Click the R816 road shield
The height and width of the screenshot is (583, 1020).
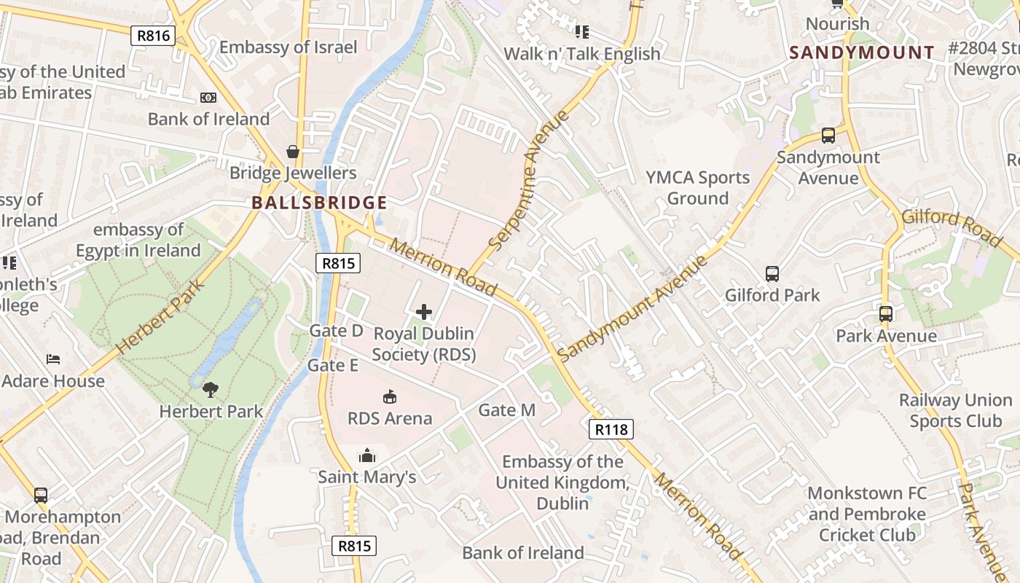153,36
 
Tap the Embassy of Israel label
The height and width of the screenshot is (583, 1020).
289,47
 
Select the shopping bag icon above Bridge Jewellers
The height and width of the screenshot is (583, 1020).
293,152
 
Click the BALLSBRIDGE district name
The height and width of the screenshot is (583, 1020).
319,203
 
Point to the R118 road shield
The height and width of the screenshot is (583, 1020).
611,429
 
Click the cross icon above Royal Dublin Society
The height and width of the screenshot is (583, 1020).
424,313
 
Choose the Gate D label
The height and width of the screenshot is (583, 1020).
336,331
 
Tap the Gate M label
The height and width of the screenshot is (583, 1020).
506,410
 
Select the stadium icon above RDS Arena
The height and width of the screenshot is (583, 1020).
390,397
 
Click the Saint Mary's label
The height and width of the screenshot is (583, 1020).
367,477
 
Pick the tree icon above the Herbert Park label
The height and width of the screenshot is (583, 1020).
211,390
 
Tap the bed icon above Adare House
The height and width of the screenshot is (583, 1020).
53,359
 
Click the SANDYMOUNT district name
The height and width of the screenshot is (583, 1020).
862,52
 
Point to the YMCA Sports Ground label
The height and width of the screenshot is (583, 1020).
697,188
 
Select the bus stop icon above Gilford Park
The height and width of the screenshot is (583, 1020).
772,274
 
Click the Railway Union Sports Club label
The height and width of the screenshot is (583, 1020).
955,410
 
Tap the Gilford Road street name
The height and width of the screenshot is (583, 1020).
952,227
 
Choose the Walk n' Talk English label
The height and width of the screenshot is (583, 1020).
581,54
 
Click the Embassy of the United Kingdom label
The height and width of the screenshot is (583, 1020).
562,482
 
